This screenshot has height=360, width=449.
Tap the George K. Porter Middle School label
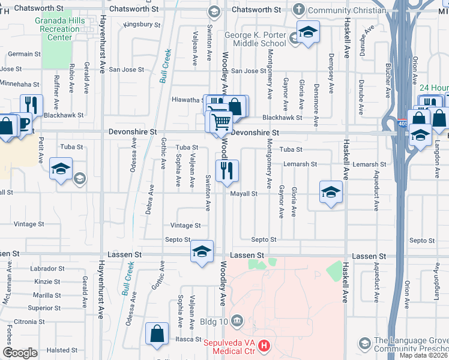(255, 40)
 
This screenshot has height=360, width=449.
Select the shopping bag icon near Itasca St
(157, 334)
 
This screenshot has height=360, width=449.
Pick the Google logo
(20, 353)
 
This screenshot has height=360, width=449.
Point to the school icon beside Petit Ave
(61, 169)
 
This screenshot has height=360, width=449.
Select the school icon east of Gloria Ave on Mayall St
(330, 192)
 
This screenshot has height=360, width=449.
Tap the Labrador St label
(49, 269)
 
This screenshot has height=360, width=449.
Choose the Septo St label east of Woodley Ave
(264, 239)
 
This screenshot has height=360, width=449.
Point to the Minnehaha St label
(20, 85)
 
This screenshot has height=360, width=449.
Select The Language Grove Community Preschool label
(411, 344)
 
